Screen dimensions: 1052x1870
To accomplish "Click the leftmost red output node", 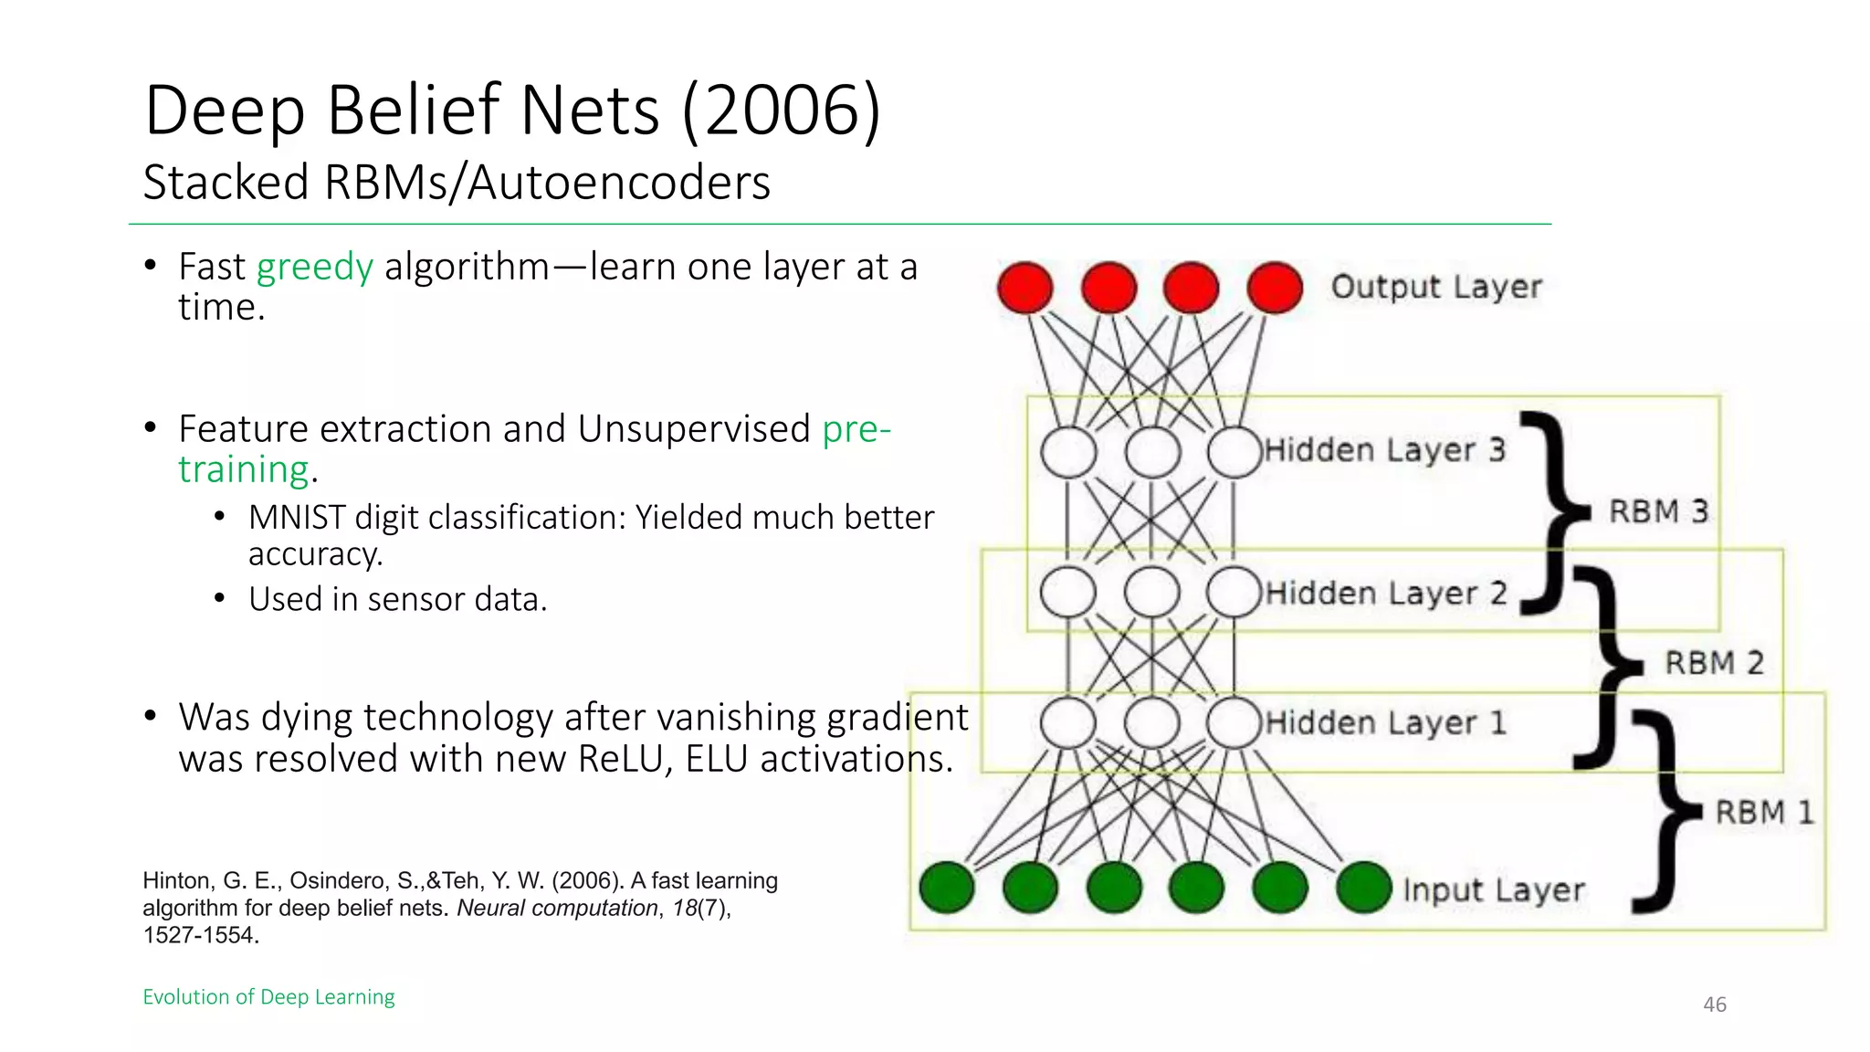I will pos(1024,288).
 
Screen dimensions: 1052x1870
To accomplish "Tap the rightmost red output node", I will pos(1275,288).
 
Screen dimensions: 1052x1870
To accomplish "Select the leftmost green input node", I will pos(947,888).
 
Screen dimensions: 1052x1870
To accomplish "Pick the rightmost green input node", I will pos(1363,888).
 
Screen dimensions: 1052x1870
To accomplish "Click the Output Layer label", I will pos(1435,287).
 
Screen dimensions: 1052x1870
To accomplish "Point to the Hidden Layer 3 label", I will pos(1384,450).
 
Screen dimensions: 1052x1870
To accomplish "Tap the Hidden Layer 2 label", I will pos(1385,594).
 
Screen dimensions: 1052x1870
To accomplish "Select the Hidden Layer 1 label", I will pos(1385,723).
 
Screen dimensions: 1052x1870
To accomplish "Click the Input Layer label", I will pos(1493,890).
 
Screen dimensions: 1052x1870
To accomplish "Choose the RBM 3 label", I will pos(1657,511).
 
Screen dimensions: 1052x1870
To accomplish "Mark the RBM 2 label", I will pos(1714,663).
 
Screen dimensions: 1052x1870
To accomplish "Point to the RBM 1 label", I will pos(1764,813).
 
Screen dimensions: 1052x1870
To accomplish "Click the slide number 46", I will pos(1714,1005).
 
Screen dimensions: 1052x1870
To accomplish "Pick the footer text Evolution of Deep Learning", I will pos(268,996).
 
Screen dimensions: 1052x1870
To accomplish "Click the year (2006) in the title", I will pos(782,110).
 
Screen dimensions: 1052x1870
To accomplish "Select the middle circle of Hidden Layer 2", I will pos(1151,592).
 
